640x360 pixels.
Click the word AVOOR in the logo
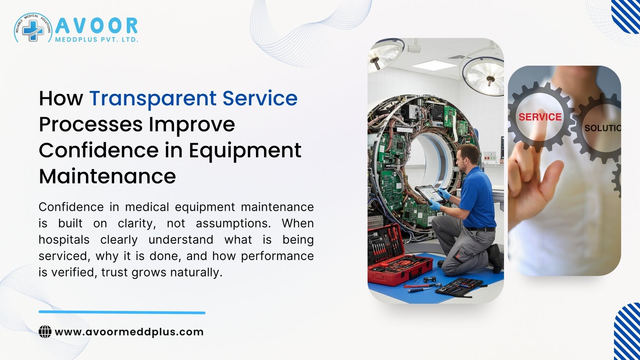(96, 26)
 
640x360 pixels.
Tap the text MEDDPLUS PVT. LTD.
(96, 40)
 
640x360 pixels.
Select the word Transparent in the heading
(153, 98)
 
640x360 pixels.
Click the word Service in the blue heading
(260, 98)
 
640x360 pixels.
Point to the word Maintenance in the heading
(107, 176)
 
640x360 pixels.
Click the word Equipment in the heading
(245, 150)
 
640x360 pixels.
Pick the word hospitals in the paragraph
(64, 240)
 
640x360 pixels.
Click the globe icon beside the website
(45, 332)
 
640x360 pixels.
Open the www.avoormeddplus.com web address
(129, 332)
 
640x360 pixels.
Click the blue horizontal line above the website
(122, 312)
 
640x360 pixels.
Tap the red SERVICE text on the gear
(540, 117)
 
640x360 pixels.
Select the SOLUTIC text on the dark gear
(602, 128)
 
